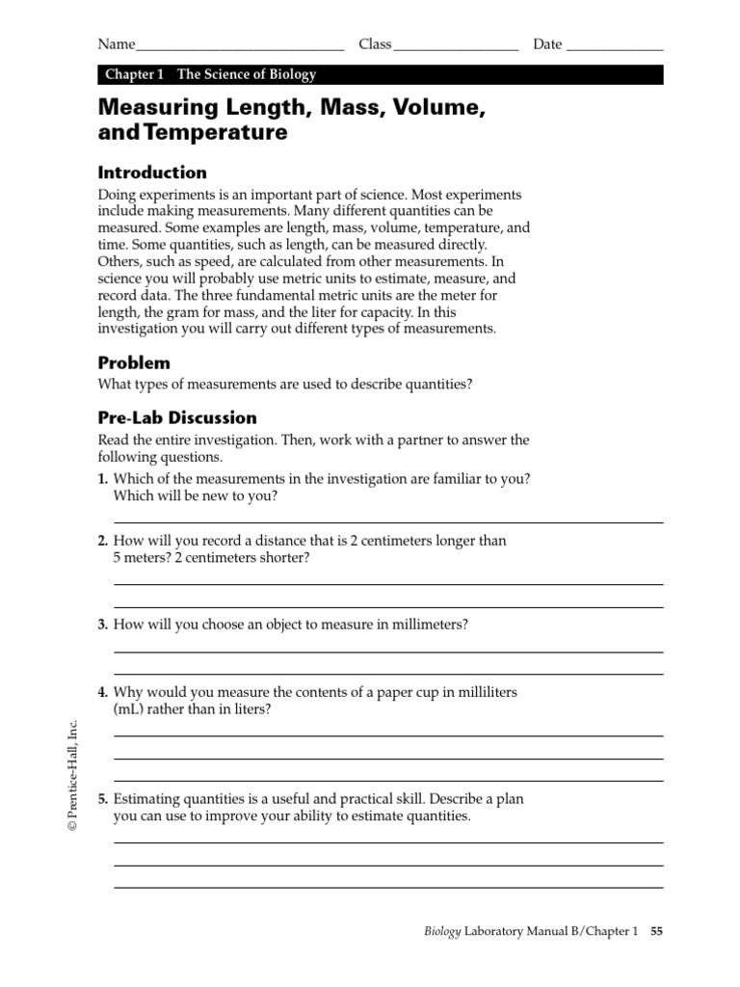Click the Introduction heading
(x=152, y=173)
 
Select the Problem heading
(x=134, y=362)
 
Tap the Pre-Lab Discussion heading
(x=177, y=417)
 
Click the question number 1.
(x=102, y=479)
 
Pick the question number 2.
(x=102, y=541)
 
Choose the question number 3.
(x=102, y=625)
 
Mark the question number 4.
(x=102, y=692)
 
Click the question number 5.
(x=102, y=799)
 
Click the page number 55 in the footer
(x=656, y=932)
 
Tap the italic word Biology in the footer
(x=443, y=932)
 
